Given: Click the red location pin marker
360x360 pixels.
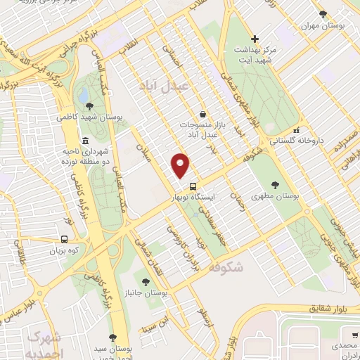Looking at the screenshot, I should (181, 165).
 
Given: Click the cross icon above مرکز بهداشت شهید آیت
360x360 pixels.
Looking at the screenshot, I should (255, 39).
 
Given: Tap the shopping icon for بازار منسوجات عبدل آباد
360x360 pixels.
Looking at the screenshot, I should (202, 114).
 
